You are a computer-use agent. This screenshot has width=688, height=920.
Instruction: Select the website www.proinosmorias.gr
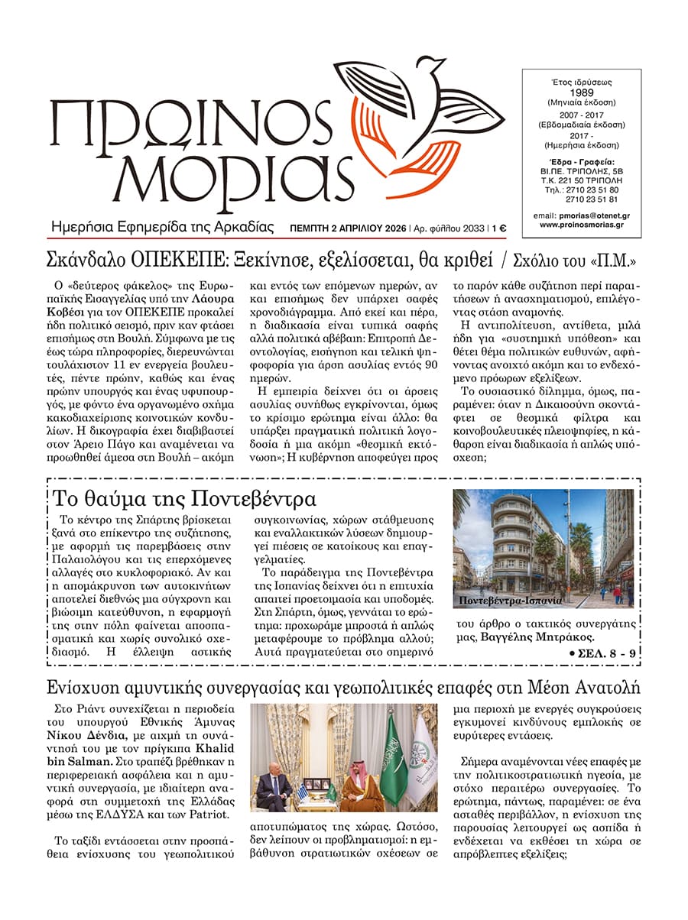point(582,225)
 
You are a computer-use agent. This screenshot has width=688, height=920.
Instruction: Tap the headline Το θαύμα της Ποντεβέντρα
point(183,499)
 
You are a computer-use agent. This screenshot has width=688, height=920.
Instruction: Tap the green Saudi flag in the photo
point(391,753)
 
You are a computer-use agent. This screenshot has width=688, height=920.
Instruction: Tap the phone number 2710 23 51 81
point(597,199)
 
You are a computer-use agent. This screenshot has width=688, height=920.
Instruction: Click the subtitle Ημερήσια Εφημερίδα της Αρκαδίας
point(161,227)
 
